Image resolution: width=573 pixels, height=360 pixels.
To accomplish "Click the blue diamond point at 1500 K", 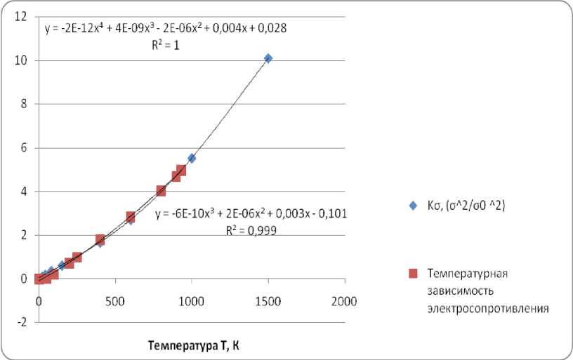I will [x=268, y=58].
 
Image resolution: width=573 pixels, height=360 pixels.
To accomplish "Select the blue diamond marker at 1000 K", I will [x=192, y=159].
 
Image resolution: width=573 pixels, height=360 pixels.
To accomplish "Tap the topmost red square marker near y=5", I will [x=181, y=171].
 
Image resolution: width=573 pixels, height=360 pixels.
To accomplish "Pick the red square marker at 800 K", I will [x=161, y=190].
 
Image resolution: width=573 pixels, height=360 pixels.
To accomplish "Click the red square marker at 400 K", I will [x=100, y=240].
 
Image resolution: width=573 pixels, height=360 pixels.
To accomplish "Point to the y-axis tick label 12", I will [x=23, y=16].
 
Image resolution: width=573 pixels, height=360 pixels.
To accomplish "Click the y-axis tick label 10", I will [x=23, y=60].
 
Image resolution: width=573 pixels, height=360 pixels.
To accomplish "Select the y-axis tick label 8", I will [x=25, y=104].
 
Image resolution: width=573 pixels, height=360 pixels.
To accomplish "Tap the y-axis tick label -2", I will [x=24, y=323].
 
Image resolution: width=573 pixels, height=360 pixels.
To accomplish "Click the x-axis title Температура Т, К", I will [x=194, y=345].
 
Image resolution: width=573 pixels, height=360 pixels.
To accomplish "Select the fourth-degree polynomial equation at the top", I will [x=165, y=29].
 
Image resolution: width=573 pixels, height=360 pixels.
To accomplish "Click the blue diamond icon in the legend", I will [x=414, y=206].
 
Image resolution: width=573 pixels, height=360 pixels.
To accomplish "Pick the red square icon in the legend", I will [x=414, y=272].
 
